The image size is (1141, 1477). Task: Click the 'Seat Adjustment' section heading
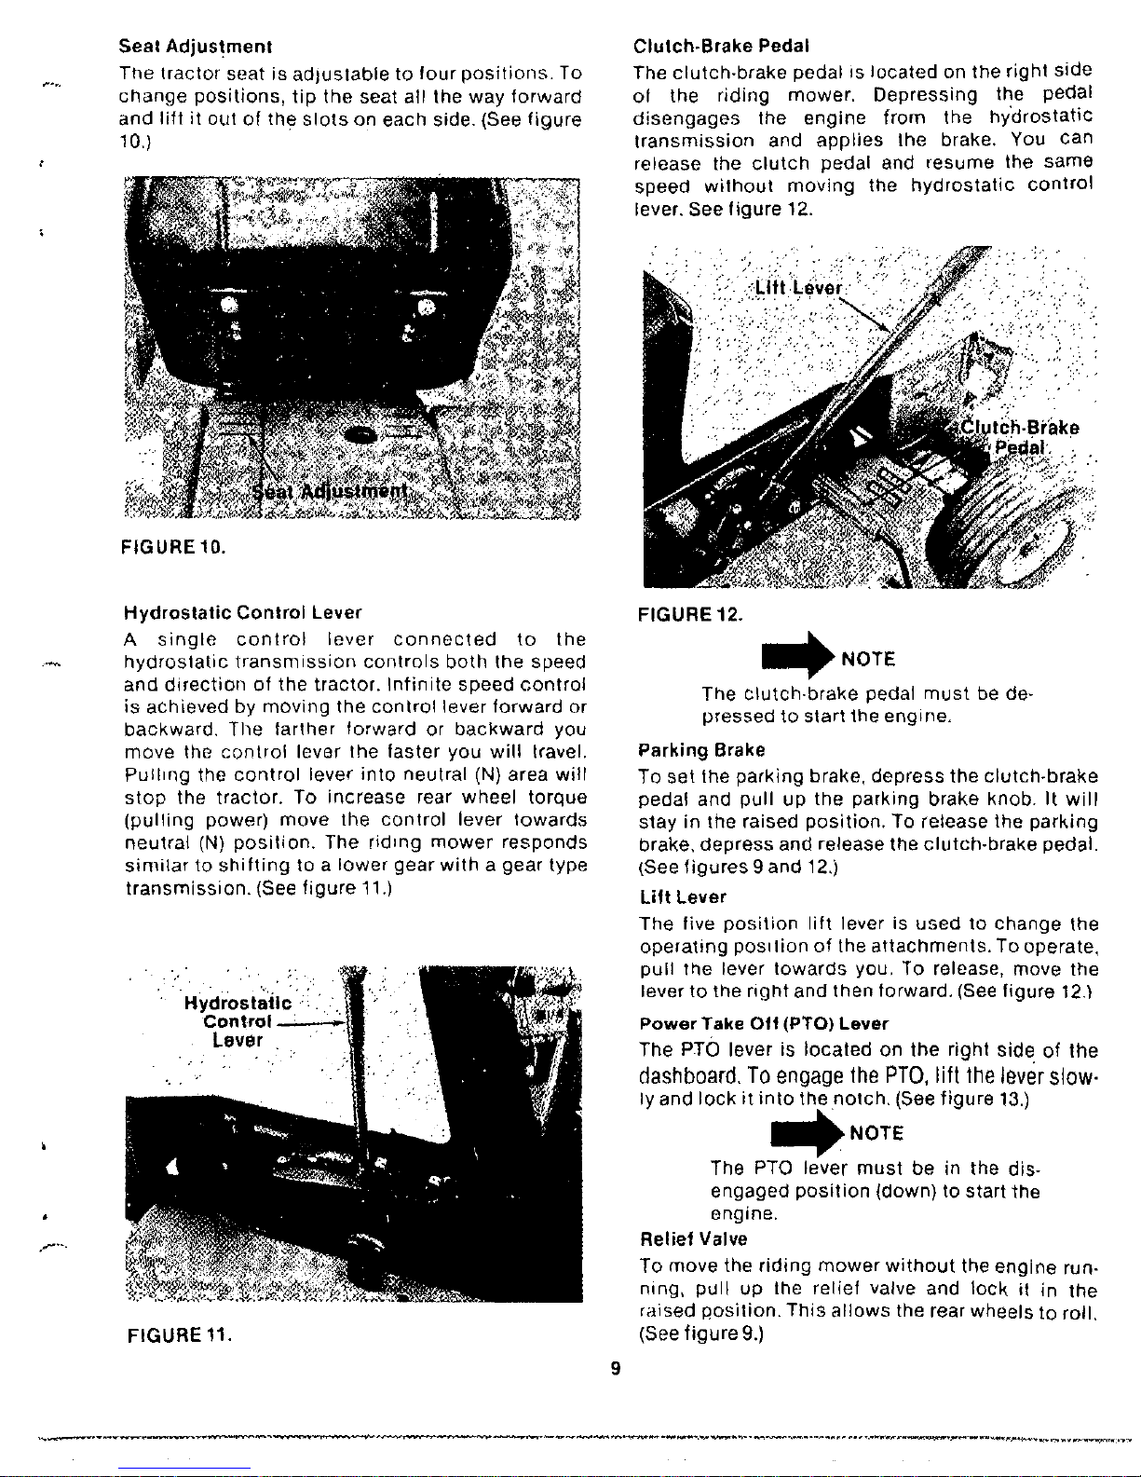point(195,47)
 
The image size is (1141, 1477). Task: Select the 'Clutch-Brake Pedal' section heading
point(721,47)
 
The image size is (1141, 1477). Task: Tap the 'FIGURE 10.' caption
point(172,546)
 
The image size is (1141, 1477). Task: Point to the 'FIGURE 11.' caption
point(179,1335)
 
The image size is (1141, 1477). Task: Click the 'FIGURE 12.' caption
point(690,614)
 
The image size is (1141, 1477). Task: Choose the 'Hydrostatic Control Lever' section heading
point(242,612)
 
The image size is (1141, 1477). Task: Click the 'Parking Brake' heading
point(701,750)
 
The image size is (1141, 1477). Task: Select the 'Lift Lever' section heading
point(684,897)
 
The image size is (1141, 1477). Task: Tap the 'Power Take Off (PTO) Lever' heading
point(764,1023)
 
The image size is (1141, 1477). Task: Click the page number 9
point(616,1368)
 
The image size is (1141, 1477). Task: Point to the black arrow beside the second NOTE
point(807,1133)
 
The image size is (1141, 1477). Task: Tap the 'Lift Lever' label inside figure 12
point(799,288)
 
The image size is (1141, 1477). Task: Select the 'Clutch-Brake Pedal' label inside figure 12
point(1019,438)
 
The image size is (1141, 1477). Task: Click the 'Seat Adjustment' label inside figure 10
point(330,491)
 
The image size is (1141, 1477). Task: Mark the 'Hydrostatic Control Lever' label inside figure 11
point(238,1021)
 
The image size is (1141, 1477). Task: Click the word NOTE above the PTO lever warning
point(876,1133)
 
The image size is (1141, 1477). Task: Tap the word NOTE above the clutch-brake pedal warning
point(868,659)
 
